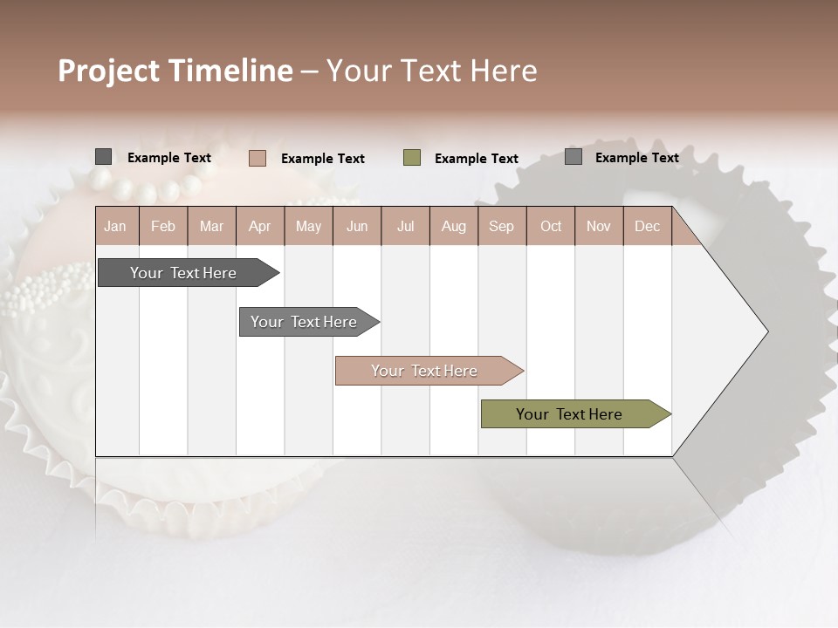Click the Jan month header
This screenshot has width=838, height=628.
[x=115, y=226]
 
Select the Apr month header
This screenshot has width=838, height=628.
[x=260, y=226]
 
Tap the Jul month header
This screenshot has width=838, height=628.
[x=405, y=226]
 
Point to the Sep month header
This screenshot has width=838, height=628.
[x=501, y=226]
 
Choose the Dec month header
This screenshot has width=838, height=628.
[x=647, y=226]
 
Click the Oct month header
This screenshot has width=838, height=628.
[x=551, y=226]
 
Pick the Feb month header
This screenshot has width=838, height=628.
[x=163, y=226]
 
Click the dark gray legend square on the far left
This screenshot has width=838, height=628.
[x=104, y=157]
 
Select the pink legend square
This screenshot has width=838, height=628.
[x=257, y=158]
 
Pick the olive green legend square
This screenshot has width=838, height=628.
[x=412, y=158]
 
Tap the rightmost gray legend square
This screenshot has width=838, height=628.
[x=574, y=157]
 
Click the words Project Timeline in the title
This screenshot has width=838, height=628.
[x=175, y=71]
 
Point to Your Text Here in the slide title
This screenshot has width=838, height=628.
[x=431, y=71]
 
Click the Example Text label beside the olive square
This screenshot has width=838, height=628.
[x=476, y=158]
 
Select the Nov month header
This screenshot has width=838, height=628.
[x=599, y=226]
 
